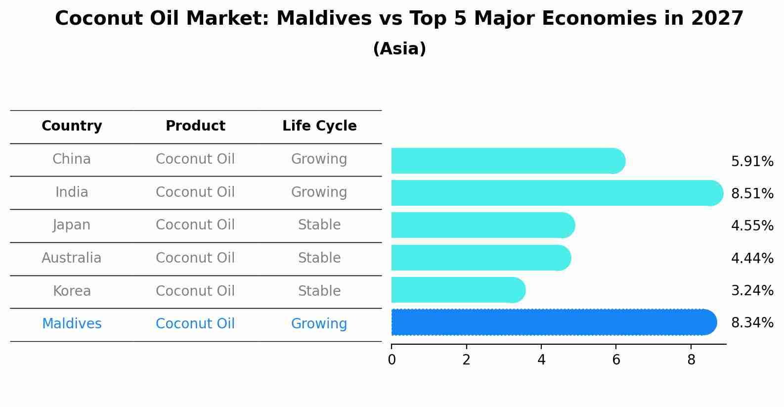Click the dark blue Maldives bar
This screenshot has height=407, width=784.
[554, 322]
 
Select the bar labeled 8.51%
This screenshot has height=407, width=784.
[557, 193]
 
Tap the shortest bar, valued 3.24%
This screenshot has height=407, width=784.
[458, 290]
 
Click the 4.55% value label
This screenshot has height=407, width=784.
[752, 226]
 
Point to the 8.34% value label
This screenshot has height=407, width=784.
[752, 323]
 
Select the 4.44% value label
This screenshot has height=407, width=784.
[752, 258]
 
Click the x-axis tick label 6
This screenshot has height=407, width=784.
[616, 361]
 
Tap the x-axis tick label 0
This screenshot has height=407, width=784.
[392, 361]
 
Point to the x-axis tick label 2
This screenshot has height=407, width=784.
[466, 361]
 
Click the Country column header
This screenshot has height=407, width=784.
[72, 126]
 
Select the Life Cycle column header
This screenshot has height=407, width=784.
[319, 126]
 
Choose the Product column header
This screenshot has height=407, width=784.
[195, 126]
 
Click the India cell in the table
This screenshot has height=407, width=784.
[72, 192]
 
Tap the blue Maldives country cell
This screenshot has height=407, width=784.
[72, 324]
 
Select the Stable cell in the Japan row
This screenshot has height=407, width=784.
[319, 225]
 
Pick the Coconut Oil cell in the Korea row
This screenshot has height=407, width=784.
[195, 291]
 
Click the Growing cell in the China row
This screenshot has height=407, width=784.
[319, 159]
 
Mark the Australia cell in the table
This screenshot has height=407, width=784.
[72, 258]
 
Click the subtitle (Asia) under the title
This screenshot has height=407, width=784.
[399, 49]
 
